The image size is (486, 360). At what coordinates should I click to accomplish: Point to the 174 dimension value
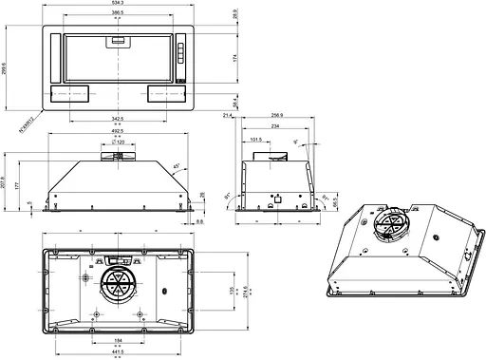tap(234, 59)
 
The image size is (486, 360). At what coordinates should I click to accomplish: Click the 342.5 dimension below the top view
tap(118, 119)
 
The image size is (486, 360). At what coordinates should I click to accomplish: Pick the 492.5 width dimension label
tap(118, 131)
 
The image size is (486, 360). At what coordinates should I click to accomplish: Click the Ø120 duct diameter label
tap(120, 142)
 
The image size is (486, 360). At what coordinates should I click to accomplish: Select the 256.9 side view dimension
tap(277, 115)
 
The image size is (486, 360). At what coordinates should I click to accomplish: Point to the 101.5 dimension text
tap(256, 139)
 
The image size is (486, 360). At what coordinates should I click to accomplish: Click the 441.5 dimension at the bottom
tap(118, 352)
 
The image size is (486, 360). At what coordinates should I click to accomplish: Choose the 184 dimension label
tap(118, 340)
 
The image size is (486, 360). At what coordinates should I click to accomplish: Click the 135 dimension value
tap(233, 290)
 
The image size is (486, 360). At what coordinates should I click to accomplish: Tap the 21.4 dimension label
tap(228, 115)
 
